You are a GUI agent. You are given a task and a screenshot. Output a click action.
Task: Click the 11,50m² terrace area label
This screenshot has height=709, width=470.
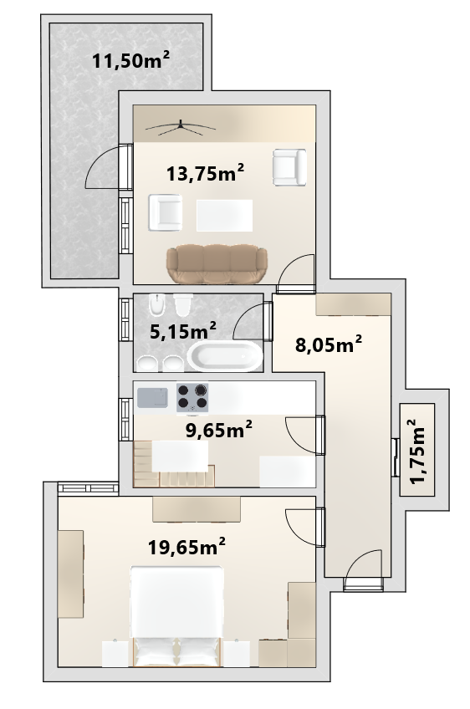[131, 59]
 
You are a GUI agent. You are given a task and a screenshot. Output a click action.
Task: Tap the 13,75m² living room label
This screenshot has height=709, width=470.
[206, 172]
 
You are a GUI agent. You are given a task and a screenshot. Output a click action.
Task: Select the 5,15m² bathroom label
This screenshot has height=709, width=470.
[183, 330]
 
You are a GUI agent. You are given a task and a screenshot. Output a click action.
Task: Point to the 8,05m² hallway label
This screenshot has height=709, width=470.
[329, 344]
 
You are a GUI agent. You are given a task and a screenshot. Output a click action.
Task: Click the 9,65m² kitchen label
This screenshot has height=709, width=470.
[219, 430]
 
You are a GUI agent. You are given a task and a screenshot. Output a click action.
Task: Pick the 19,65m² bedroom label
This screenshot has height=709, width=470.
[186, 547]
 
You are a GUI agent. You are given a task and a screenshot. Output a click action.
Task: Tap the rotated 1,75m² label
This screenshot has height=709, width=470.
[419, 451]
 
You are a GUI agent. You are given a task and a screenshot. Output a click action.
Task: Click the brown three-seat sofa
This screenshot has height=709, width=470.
[217, 264]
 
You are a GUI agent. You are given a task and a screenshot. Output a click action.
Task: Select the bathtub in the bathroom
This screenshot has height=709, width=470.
[225, 356]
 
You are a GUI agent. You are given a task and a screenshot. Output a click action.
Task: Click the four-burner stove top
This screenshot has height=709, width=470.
[192, 397]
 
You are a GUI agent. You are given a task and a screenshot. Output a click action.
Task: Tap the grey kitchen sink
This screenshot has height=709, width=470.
[152, 397]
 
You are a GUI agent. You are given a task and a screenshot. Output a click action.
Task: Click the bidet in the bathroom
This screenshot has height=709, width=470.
[157, 304]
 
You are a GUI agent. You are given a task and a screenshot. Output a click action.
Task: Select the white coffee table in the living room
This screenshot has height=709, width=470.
[224, 215]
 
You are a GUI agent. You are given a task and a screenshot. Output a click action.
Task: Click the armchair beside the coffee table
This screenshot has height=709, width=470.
[166, 212]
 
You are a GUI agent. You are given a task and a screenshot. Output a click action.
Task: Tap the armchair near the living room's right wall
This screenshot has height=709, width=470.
[289, 167]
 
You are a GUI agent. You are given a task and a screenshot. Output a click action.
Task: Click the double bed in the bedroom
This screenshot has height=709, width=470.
[177, 616]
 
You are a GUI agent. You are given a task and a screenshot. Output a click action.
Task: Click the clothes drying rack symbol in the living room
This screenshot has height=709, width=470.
[180, 128]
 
